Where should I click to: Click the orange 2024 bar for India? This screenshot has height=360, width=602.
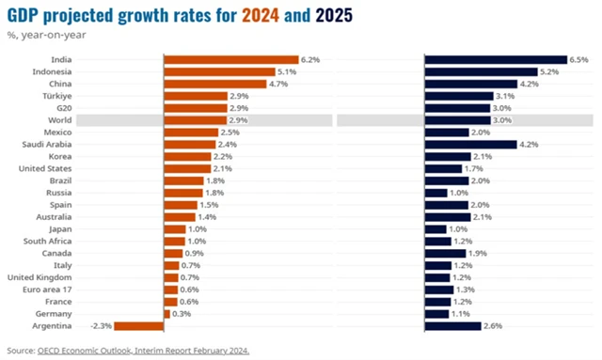click(x=231, y=59)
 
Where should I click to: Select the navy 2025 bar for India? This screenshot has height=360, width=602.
click(x=495, y=59)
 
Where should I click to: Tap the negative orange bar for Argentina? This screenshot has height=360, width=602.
click(x=142, y=326)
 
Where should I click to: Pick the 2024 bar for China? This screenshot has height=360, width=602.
click(x=214, y=84)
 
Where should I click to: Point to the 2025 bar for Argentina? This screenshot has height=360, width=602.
click(x=452, y=326)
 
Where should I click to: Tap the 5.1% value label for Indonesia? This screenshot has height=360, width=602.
click(x=287, y=71)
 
